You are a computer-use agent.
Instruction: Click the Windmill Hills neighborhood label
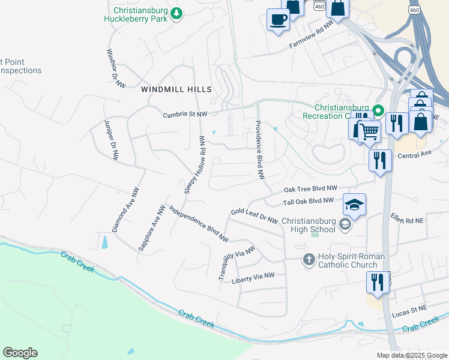pos(176,89)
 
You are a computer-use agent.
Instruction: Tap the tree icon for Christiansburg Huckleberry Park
pos(176,13)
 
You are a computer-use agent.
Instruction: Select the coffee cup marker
pos(278,19)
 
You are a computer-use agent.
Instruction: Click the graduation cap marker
pos(354,205)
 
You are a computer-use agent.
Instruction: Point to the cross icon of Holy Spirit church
pos(308,260)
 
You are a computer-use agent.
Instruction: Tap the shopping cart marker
pos(370,130)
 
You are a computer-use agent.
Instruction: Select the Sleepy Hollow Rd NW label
pos(194,164)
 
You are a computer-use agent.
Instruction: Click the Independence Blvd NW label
pos(199,224)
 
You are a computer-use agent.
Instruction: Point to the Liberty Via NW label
pos(253,275)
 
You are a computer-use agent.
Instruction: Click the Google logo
pos(20,353)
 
